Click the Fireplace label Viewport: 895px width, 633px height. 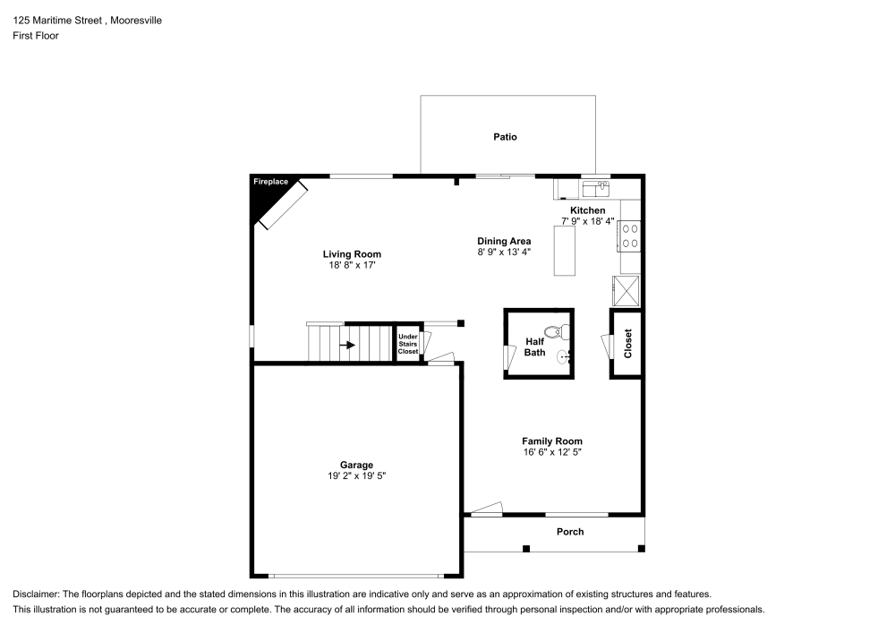(270, 182)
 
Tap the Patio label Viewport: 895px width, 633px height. (505, 137)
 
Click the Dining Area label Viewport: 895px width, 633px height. (504, 241)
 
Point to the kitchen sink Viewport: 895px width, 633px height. (595, 188)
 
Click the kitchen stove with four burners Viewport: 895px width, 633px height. (630, 235)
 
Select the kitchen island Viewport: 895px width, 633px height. (565, 251)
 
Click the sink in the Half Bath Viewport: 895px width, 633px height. (563, 358)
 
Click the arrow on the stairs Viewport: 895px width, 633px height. (345, 344)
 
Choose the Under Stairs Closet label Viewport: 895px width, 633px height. (408, 344)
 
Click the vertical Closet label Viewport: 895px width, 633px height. (628, 343)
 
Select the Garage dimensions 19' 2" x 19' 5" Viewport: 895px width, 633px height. (356, 476)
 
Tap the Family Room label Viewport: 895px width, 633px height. (552, 441)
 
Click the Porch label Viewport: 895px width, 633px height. (570, 532)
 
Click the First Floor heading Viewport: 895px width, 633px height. (36, 36)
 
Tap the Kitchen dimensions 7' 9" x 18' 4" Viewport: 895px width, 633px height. (587, 220)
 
